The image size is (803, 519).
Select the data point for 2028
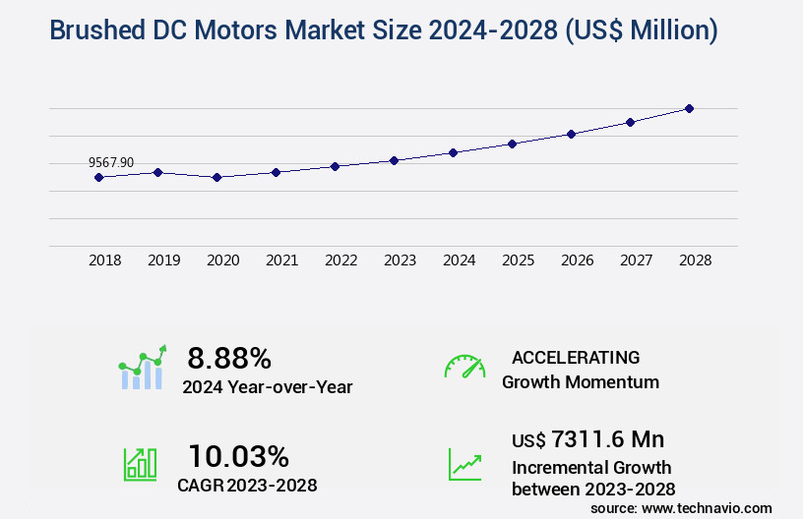689,108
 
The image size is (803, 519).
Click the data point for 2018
98,177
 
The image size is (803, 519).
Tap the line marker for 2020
216,177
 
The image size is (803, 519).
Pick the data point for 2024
453,152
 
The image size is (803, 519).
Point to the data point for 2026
571,134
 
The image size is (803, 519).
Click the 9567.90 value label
111,162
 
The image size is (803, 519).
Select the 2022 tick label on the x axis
340,260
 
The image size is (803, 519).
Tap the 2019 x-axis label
163,260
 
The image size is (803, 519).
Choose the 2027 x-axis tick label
636,260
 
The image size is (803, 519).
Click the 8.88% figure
229,358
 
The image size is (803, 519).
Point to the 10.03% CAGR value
239,456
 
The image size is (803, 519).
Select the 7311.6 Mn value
594,439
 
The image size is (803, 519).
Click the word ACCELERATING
576,358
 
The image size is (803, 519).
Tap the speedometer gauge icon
464,367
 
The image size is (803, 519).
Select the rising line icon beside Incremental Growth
464,464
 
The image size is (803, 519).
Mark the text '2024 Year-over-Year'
267,387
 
